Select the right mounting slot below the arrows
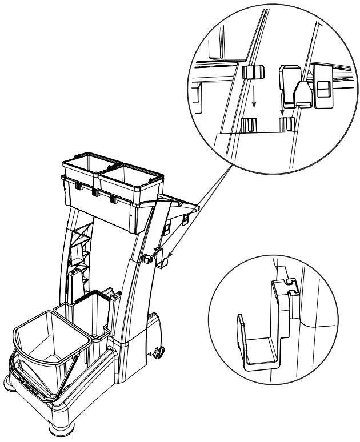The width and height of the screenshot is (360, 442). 288,124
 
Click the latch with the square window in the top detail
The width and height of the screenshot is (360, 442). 323,91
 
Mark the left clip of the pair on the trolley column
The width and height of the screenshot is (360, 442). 147,257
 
